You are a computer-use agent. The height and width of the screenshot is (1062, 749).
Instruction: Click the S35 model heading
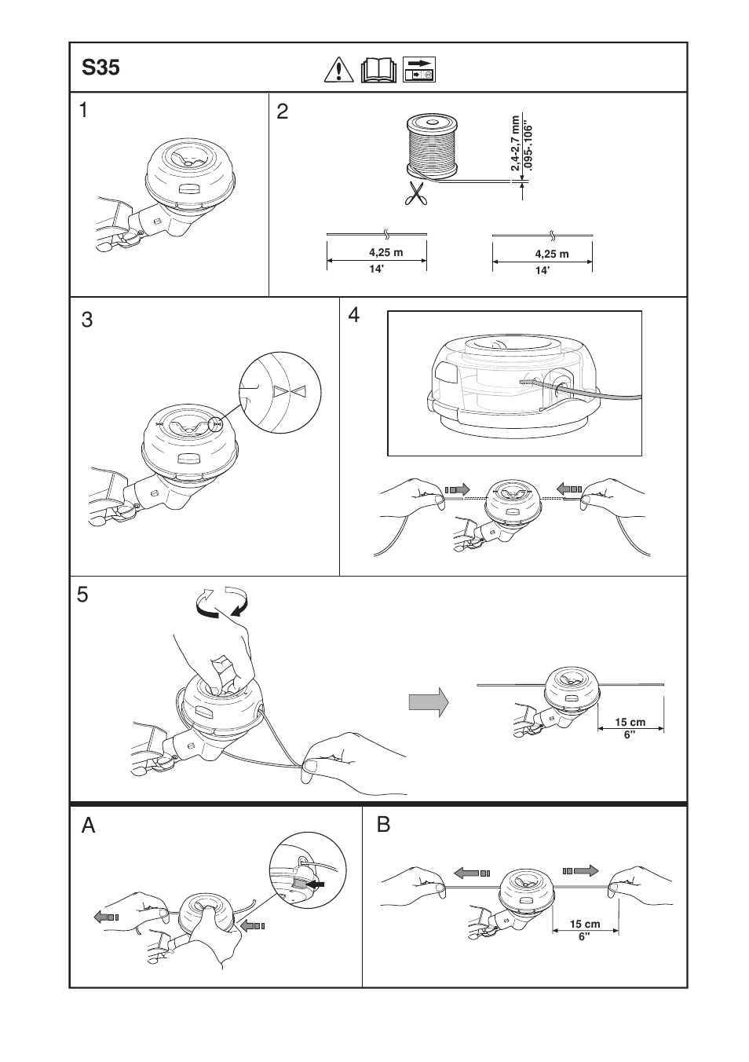(x=101, y=68)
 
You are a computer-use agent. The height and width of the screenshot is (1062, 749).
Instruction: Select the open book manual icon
(x=380, y=71)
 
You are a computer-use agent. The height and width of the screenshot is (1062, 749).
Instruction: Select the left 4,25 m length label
(x=385, y=253)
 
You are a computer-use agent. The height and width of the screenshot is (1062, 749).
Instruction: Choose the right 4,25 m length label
(x=552, y=255)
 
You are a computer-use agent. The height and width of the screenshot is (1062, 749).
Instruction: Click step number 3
(x=87, y=320)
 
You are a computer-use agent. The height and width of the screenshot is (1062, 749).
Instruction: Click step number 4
(x=355, y=316)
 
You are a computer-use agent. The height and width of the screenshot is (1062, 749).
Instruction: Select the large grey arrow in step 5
(x=429, y=701)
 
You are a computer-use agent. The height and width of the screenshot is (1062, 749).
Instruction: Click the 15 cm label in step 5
(x=630, y=722)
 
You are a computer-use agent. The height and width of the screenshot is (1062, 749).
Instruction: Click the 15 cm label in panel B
(x=585, y=925)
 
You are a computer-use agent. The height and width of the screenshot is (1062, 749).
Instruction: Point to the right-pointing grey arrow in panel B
(x=581, y=870)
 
